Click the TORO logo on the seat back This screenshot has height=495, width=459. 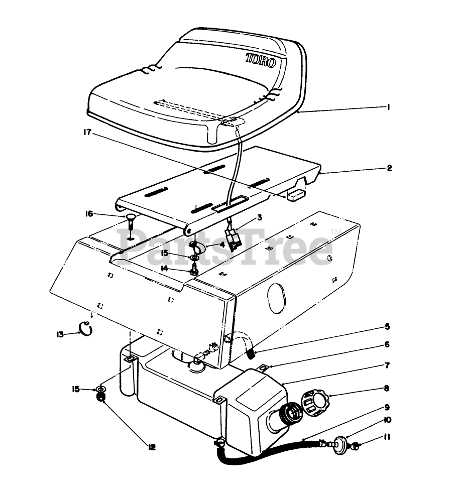coord(261,60)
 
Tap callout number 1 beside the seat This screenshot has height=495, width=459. coord(389,107)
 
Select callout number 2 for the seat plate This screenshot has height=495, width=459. coord(390,168)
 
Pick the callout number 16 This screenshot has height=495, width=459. coord(89,214)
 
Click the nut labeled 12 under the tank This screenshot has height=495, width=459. coord(101,398)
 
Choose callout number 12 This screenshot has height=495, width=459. coord(152,447)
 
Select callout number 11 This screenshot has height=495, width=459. coord(387,437)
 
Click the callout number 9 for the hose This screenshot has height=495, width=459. coord(387,407)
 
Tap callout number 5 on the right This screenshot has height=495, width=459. coord(387,326)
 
